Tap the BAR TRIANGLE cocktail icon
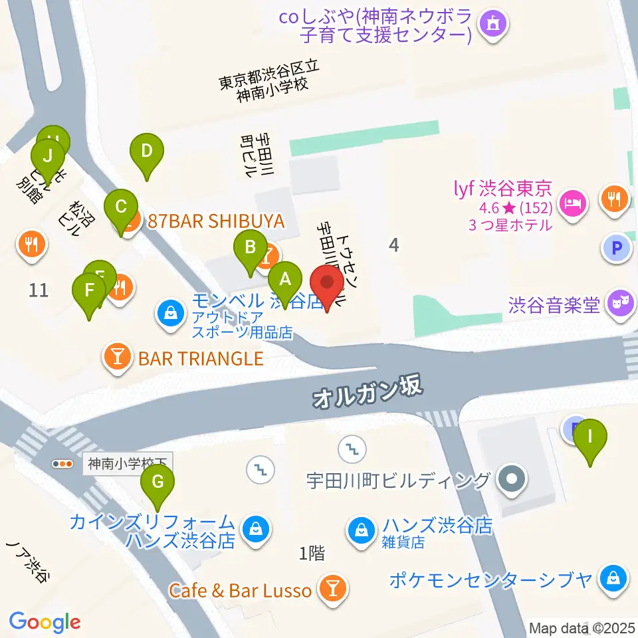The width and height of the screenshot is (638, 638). click(118, 358)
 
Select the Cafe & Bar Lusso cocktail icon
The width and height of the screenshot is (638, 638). click(331, 588)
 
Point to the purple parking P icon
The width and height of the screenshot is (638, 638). click(616, 249)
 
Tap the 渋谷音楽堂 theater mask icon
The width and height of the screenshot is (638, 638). click(619, 304)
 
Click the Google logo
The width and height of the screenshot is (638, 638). click(45, 622)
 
